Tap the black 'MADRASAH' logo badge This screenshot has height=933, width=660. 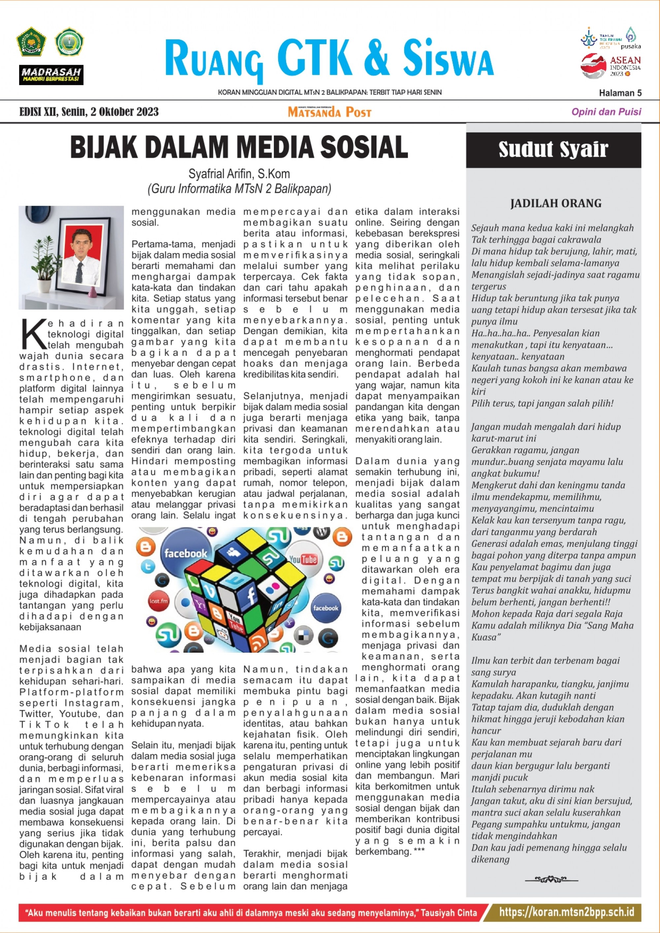pos(51,75)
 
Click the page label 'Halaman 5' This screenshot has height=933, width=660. pos(620,93)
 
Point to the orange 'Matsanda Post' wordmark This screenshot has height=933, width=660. pos(330,112)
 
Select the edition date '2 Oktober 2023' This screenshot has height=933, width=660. pos(124,112)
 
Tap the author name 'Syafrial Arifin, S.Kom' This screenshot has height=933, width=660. pos(239,174)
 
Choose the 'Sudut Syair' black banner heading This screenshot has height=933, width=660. pos(553,150)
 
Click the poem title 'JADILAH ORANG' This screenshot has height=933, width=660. pos(555,203)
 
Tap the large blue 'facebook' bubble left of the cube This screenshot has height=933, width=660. pos(185,553)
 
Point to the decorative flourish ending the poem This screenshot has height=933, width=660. pos(551,880)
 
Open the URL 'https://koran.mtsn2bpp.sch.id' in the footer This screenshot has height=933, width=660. pos(567,912)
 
